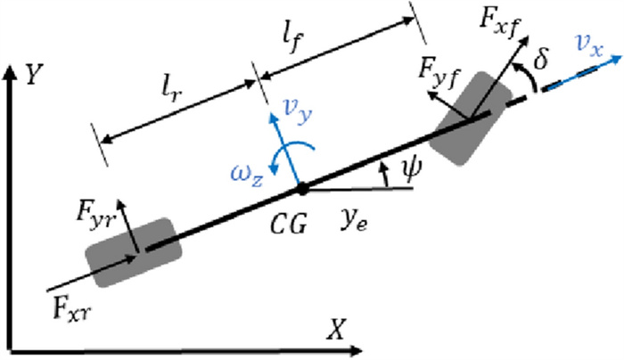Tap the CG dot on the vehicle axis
click(x=302, y=189)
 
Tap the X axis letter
click(x=335, y=331)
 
